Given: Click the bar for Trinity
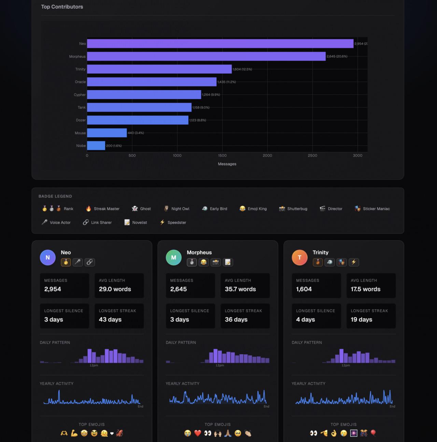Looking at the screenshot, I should tap(159, 69).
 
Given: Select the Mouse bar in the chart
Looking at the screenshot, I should tap(107, 133).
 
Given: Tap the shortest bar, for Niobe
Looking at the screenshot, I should tap(96, 146).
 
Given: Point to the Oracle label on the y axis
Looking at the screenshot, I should tap(80, 82).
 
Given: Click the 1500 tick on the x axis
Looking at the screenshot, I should tap(222, 156).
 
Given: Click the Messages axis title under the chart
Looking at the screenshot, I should tap(227, 164).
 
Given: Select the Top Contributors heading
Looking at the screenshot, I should tap(62, 7).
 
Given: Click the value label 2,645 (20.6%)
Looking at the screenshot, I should tap(337, 56).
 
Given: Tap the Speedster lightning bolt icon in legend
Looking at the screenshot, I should tap(162, 222).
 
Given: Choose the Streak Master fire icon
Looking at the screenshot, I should tap(88, 209).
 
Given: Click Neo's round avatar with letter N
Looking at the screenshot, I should tap(48, 257).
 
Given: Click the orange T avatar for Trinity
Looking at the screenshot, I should tap(299, 257).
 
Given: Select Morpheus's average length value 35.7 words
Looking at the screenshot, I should tap(240, 289).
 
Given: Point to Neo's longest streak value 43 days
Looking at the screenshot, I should tap(110, 319).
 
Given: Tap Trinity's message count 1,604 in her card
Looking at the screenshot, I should tap(304, 289).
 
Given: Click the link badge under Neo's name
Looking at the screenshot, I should tap(89, 262).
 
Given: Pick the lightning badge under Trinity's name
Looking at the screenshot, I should tap(354, 262).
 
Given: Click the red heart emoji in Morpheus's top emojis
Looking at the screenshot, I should tap(198, 433).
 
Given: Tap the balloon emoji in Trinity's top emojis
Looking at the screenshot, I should tap(373, 433).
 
